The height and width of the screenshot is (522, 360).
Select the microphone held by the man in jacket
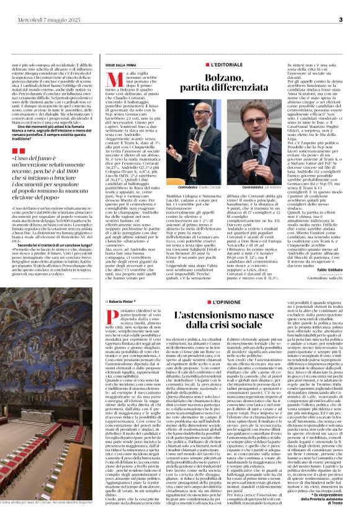click(254, 149)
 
